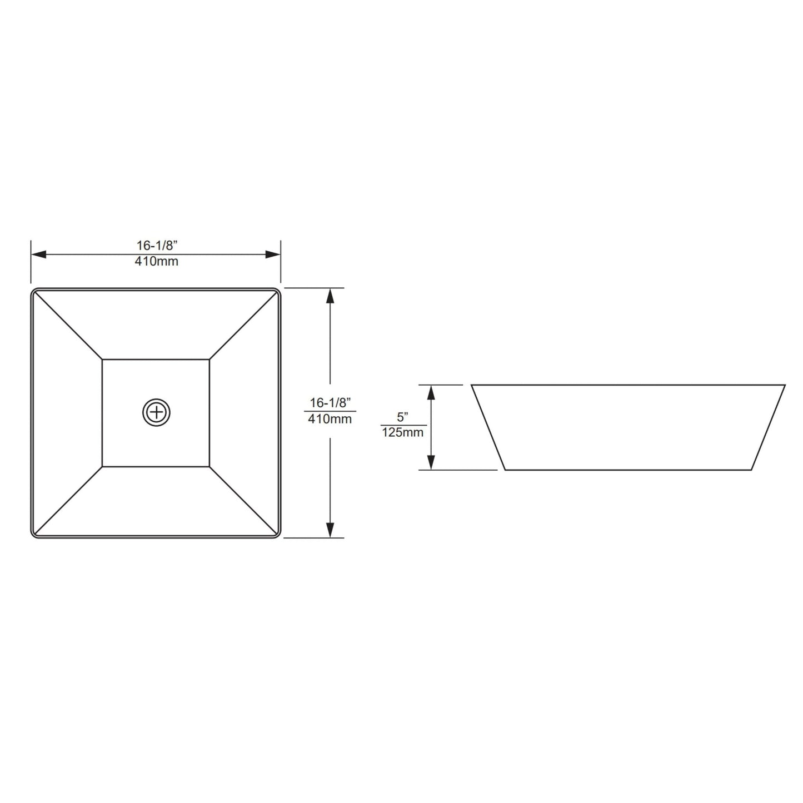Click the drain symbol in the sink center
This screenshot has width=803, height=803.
156,412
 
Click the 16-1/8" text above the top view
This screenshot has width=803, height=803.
156,245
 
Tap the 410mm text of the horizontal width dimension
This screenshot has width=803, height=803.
156,261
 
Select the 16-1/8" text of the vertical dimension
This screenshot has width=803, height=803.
330,402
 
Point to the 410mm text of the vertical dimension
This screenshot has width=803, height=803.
330,419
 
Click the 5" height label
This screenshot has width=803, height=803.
403,417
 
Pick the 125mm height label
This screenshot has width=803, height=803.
403,432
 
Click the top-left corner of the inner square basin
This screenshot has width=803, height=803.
103,360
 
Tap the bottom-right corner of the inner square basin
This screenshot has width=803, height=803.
210,466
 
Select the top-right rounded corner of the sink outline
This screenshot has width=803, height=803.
277,292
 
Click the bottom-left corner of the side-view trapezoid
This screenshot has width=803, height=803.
505,470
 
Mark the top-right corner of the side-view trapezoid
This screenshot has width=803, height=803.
785,385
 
